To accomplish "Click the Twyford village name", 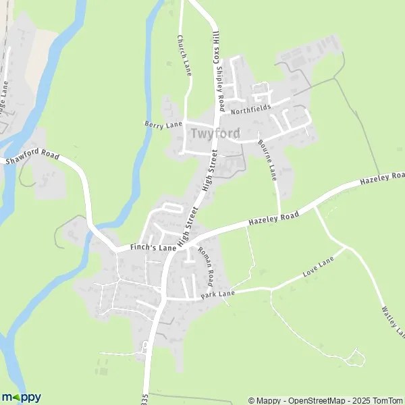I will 215,134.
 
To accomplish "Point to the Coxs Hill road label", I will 217,43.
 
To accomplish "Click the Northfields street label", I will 250,108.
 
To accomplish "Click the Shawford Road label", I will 28,157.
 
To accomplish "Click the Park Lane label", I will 217,294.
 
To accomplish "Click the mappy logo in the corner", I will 21,397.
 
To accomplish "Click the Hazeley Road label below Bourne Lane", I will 273,217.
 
